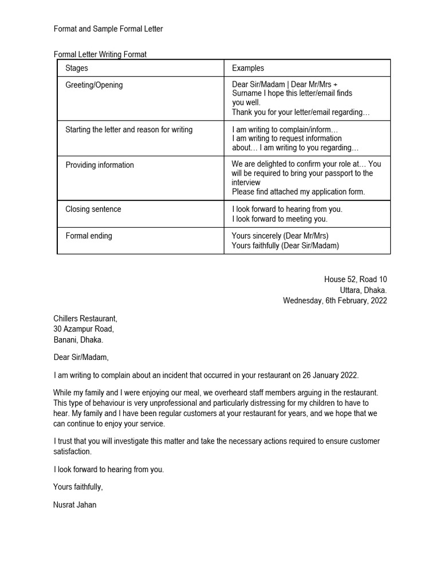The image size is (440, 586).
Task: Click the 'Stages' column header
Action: [x=77, y=68]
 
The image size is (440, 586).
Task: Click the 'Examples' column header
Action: [x=247, y=68]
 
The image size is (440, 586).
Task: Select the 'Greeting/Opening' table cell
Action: [x=94, y=85]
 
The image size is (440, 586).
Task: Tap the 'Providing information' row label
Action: [x=100, y=165]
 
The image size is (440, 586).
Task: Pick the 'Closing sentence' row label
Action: [x=93, y=209]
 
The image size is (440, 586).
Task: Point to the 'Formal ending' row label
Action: [x=89, y=236]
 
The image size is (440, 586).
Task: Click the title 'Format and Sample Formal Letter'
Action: [x=108, y=29]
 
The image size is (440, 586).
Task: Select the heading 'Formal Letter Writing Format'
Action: [x=100, y=55]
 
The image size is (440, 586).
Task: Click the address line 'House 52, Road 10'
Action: [x=355, y=279]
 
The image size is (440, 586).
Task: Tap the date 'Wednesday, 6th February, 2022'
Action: [x=335, y=300]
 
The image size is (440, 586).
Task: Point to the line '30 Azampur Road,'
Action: [x=84, y=329]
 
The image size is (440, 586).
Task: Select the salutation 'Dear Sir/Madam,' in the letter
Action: [x=81, y=358]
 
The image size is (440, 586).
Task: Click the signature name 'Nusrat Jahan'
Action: [x=75, y=505]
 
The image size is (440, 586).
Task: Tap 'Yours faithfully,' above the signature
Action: [x=78, y=487]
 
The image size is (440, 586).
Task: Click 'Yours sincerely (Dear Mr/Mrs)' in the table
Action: [x=280, y=236]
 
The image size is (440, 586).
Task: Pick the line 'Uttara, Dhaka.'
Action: [x=363, y=290]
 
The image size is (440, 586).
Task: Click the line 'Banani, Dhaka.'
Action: [x=78, y=339]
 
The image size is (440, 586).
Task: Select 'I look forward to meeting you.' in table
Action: [x=280, y=219]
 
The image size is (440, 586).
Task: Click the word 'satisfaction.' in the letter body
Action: [x=72, y=452]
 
